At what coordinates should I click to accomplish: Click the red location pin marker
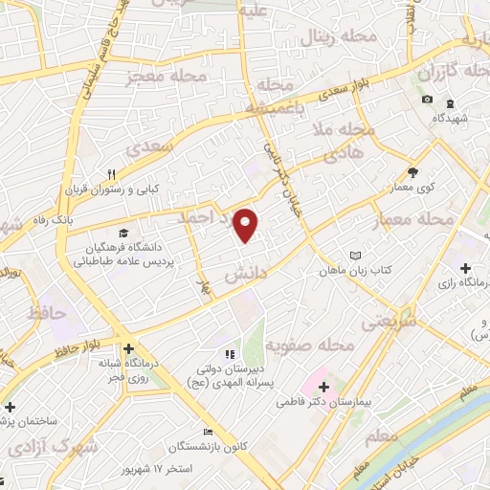click(x=247, y=225)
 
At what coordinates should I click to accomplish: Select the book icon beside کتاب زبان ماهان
click(x=356, y=256)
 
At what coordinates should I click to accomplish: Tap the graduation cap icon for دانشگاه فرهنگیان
click(x=122, y=233)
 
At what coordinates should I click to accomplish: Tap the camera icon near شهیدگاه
click(x=427, y=100)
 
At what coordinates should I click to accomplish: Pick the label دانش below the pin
click(x=243, y=274)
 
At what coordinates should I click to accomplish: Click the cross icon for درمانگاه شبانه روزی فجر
click(x=127, y=349)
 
